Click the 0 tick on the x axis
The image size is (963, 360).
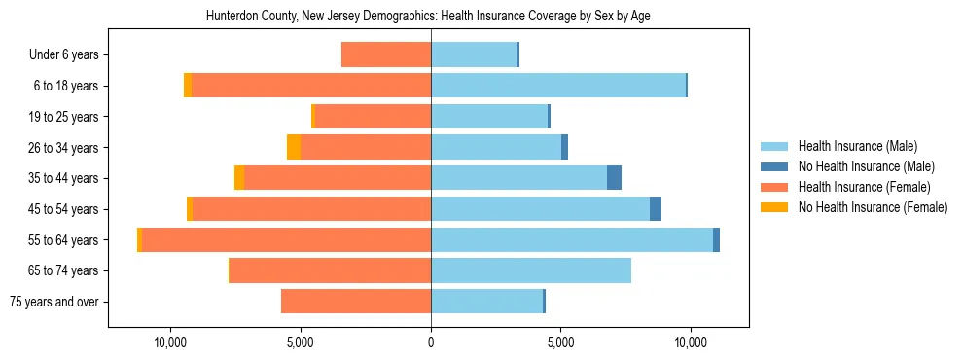coord(431,342)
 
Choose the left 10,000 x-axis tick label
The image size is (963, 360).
coord(170,342)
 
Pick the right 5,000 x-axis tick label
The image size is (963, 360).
coord(560,342)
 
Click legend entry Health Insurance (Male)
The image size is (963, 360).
coord(857,146)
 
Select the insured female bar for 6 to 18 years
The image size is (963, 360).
coord(311,86)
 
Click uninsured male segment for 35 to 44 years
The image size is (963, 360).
coord(614,178)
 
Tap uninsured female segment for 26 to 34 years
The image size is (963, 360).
coord(294,148)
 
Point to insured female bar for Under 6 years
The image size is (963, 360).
coord(386,55)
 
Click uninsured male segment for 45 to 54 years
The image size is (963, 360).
coord(656,209)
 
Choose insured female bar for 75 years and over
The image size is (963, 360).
coord(356,302)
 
